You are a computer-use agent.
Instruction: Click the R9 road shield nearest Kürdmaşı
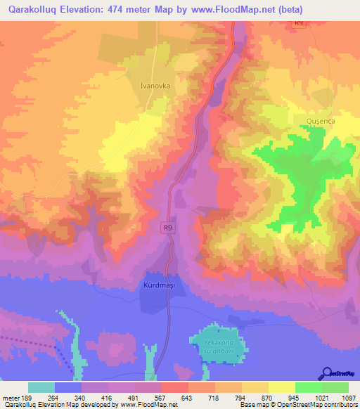pyautogui.click(x=167, y=227)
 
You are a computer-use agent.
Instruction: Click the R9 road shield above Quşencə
pyautogui.click(x=298, y=22)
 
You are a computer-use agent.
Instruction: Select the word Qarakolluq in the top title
pyautogui.click(x=34, y=10)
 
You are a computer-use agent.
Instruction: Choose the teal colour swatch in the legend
pyautogui.click(x=41, y=387)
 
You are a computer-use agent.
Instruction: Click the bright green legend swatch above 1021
pyautogui.click(x=308, y=387)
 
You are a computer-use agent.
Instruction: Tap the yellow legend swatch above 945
pyautogui.click(x=281, y=387)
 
